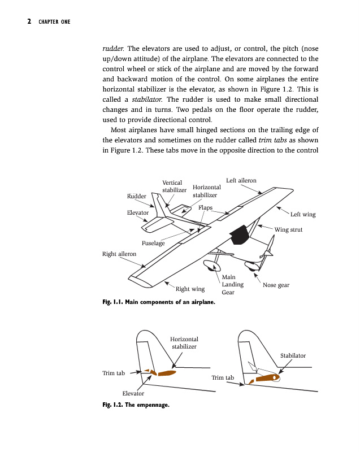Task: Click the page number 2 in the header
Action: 28,22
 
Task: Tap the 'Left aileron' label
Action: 241,181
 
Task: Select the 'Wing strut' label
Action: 288,230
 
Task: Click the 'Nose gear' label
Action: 276,285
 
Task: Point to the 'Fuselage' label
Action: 153,244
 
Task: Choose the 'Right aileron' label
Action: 119,254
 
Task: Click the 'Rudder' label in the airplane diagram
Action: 136,196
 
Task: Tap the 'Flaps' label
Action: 205,208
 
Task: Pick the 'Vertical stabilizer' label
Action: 174,186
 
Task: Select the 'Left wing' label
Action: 303,215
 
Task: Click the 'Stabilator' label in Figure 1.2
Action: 293,356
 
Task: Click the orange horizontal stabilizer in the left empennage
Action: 167,373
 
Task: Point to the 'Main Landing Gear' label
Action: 228,285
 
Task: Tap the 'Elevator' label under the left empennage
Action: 133,393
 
